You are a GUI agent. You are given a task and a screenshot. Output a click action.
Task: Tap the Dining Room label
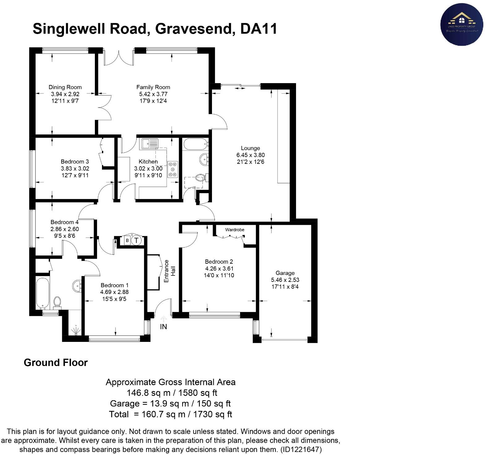point(65,87)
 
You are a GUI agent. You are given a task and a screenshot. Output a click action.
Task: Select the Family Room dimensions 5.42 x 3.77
point(153,94)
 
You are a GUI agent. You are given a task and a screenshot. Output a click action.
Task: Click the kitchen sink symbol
point(150,144)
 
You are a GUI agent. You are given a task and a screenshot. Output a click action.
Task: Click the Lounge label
point(250,148)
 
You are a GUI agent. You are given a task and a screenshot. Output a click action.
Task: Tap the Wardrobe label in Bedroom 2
point(235,230)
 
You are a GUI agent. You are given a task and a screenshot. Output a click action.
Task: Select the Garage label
point(285,273)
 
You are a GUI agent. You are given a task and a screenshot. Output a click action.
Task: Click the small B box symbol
point(127,240)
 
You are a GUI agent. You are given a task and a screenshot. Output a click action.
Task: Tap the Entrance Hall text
point(170,271)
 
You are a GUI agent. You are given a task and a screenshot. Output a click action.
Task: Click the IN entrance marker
point(163,326)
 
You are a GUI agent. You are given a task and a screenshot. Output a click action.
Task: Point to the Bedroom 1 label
point(114,285)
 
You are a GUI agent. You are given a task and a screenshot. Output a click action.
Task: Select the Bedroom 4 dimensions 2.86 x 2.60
point(65,229)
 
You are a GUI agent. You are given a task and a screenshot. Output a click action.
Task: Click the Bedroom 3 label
point(75,161)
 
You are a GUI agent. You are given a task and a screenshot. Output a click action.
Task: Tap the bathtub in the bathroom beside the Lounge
point(195,144)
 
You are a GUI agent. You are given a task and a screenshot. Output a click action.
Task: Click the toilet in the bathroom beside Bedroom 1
point(57,301)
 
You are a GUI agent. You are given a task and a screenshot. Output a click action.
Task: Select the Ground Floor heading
point(56,363)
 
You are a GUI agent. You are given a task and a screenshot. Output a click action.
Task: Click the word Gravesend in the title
point(193,29)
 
